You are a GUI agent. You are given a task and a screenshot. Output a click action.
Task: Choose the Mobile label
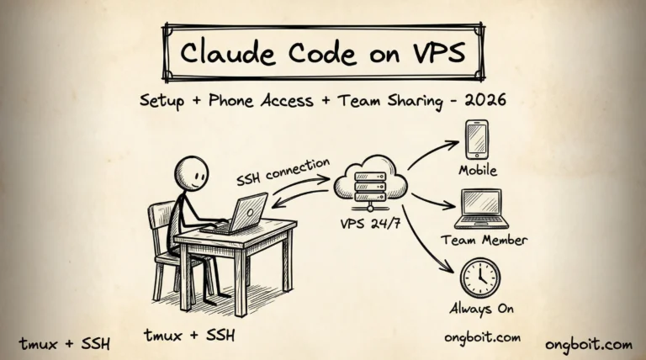[x=478, y=171]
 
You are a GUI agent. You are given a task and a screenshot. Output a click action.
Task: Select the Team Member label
[x=484, y=240]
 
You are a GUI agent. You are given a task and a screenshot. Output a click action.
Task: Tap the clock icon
[x=479, y=277]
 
